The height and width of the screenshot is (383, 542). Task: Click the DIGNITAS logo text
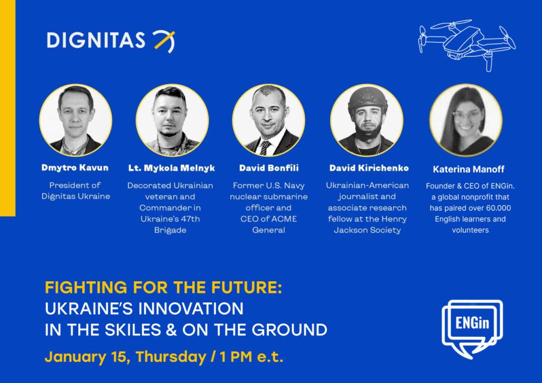(x=96, y=40)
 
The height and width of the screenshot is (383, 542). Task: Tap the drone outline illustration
(x=467, y=45)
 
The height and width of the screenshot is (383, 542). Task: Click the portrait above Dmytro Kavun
(x=76, y=120)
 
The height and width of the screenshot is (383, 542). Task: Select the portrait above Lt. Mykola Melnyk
(x=172, y=120)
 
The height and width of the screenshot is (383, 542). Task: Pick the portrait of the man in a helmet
(x=367, y=120)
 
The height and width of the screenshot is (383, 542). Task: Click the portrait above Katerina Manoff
(x=466, y=120)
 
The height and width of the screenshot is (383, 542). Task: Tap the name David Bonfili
(x=268, y=168)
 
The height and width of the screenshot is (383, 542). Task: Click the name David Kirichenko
(x=369, y=168)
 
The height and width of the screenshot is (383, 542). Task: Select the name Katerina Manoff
(x=468, y=169)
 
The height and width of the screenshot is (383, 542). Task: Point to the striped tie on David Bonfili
(x=265, y=148)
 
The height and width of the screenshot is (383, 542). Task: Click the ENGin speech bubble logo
(x=472, y=328)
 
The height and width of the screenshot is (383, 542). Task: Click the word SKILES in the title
(x=133, y=329)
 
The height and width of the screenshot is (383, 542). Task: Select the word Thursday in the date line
(x=171, y=357)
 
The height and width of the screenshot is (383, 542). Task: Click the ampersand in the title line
(x=171, y=329)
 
